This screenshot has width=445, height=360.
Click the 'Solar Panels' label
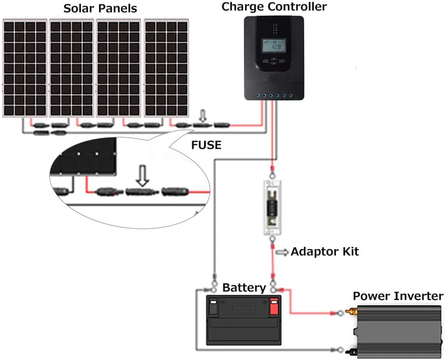click(x=100, y=8)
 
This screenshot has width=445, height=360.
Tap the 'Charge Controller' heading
click(x=274, y=7)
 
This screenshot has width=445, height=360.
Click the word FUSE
click(x=206, y=145)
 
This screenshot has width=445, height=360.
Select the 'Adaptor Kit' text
click(x=325, y=251)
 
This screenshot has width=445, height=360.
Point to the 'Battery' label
click(x=244, y=288)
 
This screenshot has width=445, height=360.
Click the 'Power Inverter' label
click(x=398, y=296)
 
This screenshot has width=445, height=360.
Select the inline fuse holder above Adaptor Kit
click(x=273, y=209)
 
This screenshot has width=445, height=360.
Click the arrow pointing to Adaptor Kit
click(x=282, y=252)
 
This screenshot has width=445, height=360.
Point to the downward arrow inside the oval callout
click(x=143, y=176)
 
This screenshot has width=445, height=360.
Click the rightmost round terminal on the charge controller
click(x=290, y=95)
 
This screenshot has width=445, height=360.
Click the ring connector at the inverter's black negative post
click(x=340, y=350)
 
